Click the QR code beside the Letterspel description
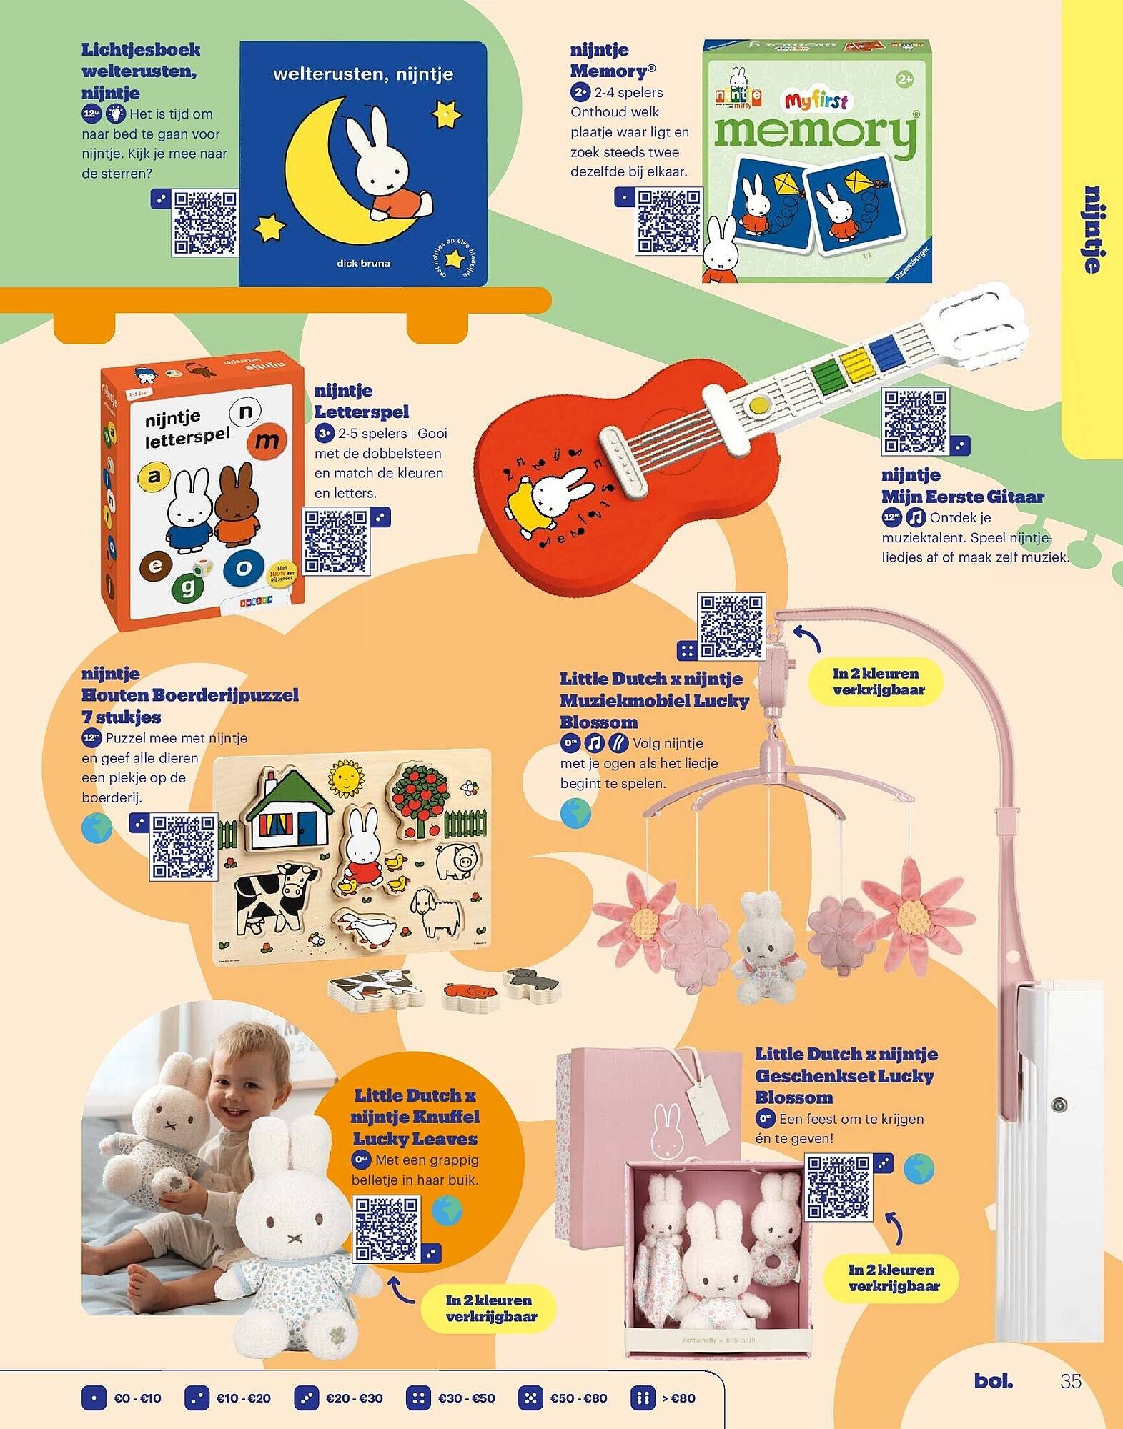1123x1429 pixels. click(336, 542)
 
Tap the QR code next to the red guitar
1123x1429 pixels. click(915, 422)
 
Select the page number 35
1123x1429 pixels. click(1070, 1381)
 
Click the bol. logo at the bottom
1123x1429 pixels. click(993, 1381)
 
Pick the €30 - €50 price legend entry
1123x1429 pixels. click(451, 1398)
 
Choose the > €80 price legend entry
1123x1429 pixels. click(663, 1398)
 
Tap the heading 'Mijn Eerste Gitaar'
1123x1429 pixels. click(962, 497)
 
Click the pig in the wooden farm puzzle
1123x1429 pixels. click(456, 862)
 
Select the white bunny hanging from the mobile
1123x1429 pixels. click(763, 943)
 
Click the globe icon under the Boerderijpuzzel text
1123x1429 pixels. click(97, 829)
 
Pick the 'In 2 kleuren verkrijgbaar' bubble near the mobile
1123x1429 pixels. click(879, 682)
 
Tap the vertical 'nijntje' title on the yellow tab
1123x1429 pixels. click(1092, 229)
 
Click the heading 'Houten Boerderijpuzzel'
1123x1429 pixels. click(189, 695)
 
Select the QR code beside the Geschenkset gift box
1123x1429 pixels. click(839, 1187)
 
